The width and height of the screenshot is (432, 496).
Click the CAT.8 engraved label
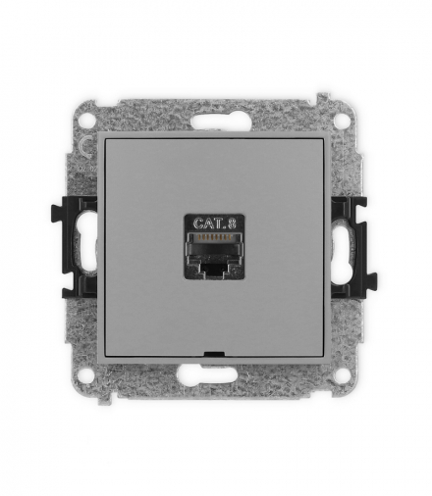[215, 223]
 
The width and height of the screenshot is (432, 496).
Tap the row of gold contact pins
[213, 237]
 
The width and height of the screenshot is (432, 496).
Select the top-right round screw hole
[342, 116]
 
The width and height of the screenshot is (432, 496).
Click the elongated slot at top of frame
[214, 124]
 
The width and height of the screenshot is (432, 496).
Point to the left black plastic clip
[74, 247]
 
